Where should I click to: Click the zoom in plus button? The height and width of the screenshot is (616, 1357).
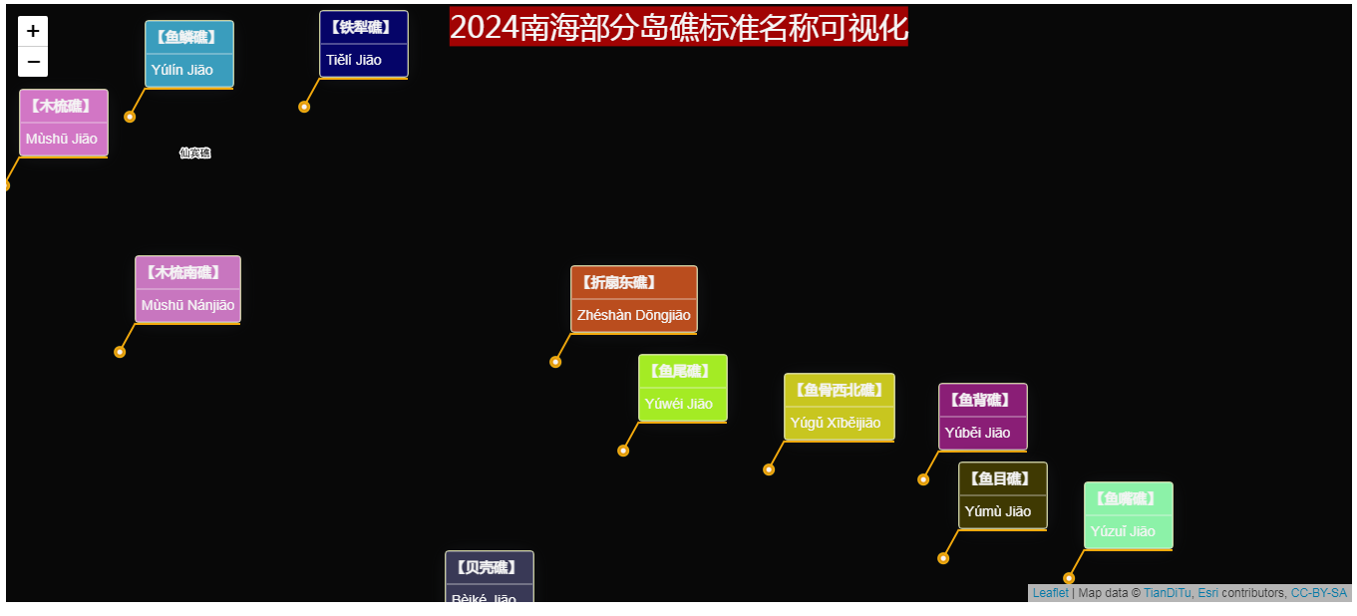(33, 31)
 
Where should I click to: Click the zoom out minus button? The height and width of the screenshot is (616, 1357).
(33, 62)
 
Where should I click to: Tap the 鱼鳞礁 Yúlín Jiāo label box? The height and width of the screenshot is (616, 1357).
(189, 54)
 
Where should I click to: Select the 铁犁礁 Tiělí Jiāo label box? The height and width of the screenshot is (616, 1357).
(363, 44)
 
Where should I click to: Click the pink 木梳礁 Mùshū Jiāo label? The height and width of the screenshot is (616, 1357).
(64, 123)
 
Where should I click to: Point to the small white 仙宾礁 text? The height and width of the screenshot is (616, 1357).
(194, 153)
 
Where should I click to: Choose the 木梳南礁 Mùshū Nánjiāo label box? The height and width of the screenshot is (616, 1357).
(187, 289)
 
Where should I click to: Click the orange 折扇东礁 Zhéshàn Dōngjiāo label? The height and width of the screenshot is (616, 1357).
(633, 299)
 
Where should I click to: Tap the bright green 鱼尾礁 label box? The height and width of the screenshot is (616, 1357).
(682, 388)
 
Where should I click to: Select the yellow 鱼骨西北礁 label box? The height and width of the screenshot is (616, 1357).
(839, 407)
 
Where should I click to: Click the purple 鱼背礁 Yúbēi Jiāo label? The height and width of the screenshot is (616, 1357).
(982, 417)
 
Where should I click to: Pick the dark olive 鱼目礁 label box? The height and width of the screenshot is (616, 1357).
(1002, 495)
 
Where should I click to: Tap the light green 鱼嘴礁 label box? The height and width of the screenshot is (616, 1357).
(1128, 515)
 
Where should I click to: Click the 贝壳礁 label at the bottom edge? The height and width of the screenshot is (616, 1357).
(489, 578)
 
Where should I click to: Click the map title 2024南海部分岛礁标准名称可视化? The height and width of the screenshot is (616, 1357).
(678, 27)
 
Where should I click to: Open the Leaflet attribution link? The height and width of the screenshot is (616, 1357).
(1050, 593)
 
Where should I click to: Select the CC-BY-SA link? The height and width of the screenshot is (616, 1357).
(1318, 593)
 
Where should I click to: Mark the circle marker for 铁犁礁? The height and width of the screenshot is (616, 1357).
(304, 107)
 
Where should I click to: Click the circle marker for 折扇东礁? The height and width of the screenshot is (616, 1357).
(555, 362)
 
